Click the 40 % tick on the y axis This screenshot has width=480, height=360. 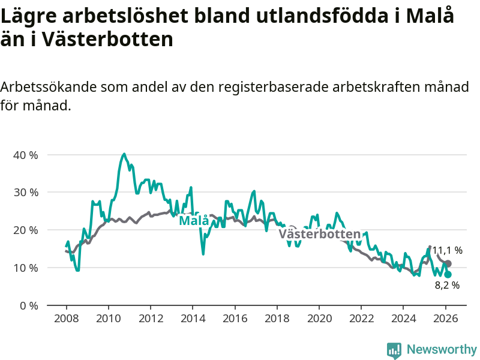(25, 155)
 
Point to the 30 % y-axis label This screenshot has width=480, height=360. (25, 193)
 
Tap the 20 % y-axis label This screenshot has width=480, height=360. (25, 230)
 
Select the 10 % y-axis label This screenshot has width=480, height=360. (25, 268)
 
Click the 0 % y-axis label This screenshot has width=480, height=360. (29, 305)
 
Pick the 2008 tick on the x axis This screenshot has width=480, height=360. (65, 318)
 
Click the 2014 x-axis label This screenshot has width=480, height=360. (192, 318)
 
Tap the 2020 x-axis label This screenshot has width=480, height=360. (319, 318)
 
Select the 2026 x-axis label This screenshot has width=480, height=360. (445, 318)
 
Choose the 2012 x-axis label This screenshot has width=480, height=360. (150, 318)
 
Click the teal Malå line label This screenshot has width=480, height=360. (194, 221)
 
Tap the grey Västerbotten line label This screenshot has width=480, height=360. (320, 234)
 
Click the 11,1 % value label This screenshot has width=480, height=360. (448, 250)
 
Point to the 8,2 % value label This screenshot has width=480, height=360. (447, 286)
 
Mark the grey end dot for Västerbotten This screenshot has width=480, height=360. (448, 264)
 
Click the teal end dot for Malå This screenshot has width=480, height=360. (448, 274)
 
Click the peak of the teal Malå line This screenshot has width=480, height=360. (124, 154)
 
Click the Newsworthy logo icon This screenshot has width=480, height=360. (394, 349)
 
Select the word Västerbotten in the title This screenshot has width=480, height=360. (108, 40)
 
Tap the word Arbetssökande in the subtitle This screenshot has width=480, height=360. (45, 87)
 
